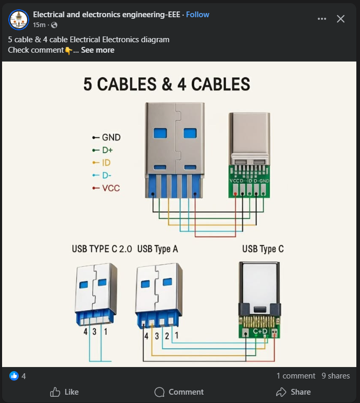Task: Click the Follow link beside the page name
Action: click(197, 15)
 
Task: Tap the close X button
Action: click(341, 19)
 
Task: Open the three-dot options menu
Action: click(322, 19)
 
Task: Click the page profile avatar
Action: click(19, 19)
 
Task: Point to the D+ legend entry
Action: click(107, 150)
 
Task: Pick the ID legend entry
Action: click(106, 163)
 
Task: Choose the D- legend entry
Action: click(106, 175)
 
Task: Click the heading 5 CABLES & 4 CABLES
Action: click(166, 84)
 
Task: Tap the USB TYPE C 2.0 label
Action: click(102, 249)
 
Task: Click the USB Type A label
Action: click(157, 249)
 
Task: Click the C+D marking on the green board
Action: click(260, 332)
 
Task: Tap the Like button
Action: click(64, 392)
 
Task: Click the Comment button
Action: click(179, 392)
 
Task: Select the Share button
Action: click(293, 392)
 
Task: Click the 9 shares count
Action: click(336, 376)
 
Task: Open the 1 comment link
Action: click(295, 376)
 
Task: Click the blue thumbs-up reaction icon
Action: click(14, 376)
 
